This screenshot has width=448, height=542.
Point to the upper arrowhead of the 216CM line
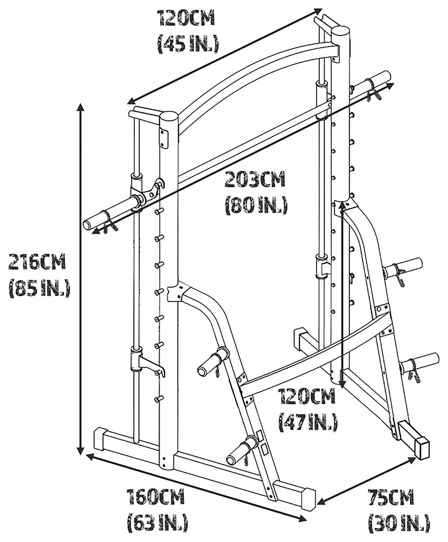point(80,108)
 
